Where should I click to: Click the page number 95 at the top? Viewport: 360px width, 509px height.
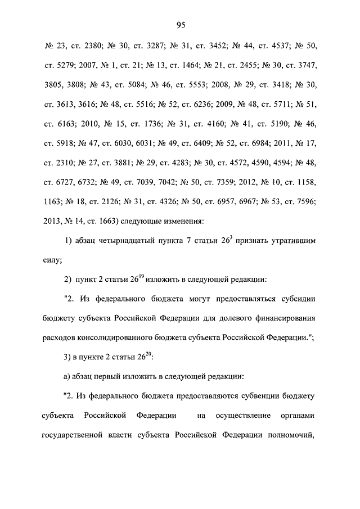click(181, 24)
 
